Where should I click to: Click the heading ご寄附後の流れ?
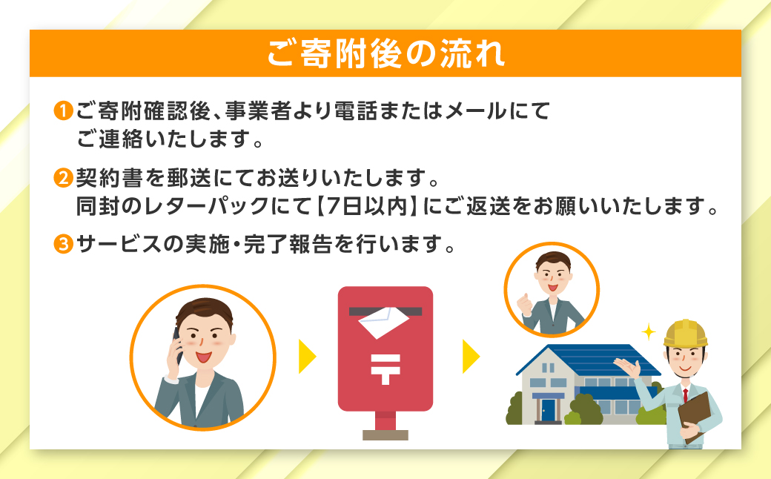385,53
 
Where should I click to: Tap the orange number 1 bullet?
63,112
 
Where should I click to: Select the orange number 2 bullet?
63,179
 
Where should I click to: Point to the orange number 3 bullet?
63,244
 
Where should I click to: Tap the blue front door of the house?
548,409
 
